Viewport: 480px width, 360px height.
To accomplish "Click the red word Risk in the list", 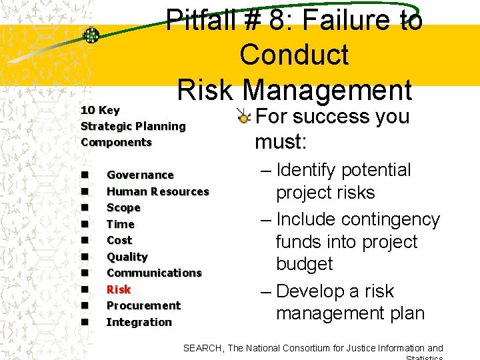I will pos(119,289).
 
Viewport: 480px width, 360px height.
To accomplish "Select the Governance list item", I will pos(140,175).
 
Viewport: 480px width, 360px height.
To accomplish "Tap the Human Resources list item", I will pos(157,191).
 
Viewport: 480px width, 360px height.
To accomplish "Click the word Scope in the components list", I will pos(123,207).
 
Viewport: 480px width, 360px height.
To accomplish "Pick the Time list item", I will pos(120,224).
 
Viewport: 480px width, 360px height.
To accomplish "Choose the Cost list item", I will pos(119,240).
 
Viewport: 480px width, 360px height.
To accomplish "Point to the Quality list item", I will pos(127,257).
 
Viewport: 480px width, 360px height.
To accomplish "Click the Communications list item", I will pos(153,273).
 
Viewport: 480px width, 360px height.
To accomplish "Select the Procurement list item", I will pos(143,305).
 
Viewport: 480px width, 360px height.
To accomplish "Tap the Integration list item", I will pos(139,322).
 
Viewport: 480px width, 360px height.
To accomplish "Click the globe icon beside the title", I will pos(91,35).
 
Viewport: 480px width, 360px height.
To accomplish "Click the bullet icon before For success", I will pos(245,117).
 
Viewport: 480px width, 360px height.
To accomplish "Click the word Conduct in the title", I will pos(294,55).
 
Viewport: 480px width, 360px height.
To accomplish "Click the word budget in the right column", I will pos(304,264).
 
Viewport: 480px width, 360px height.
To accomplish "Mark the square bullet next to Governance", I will pos(85,175).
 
